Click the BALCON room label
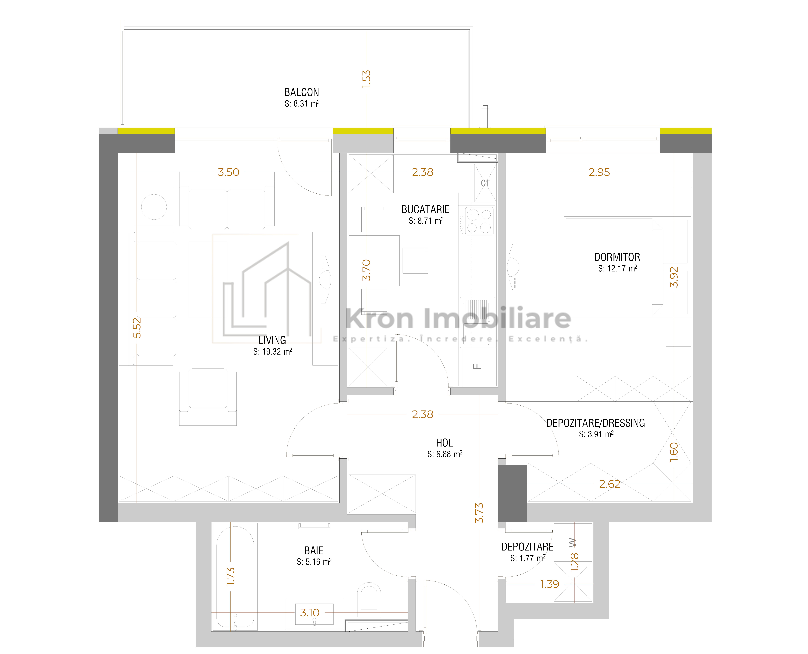(x=301, y=92)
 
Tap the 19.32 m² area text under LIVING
(x=272, y=351)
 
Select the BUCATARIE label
(x=426, y=209)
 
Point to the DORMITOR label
(x=617, y=257)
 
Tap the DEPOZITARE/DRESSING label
(x=595, y=423)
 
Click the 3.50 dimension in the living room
(x=228, y=172)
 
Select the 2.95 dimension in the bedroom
(x=599, y=172)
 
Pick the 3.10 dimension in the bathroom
(x=310, y=613)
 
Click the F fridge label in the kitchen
(x=477, y=366)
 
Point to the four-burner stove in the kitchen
(x=479, y=221)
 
